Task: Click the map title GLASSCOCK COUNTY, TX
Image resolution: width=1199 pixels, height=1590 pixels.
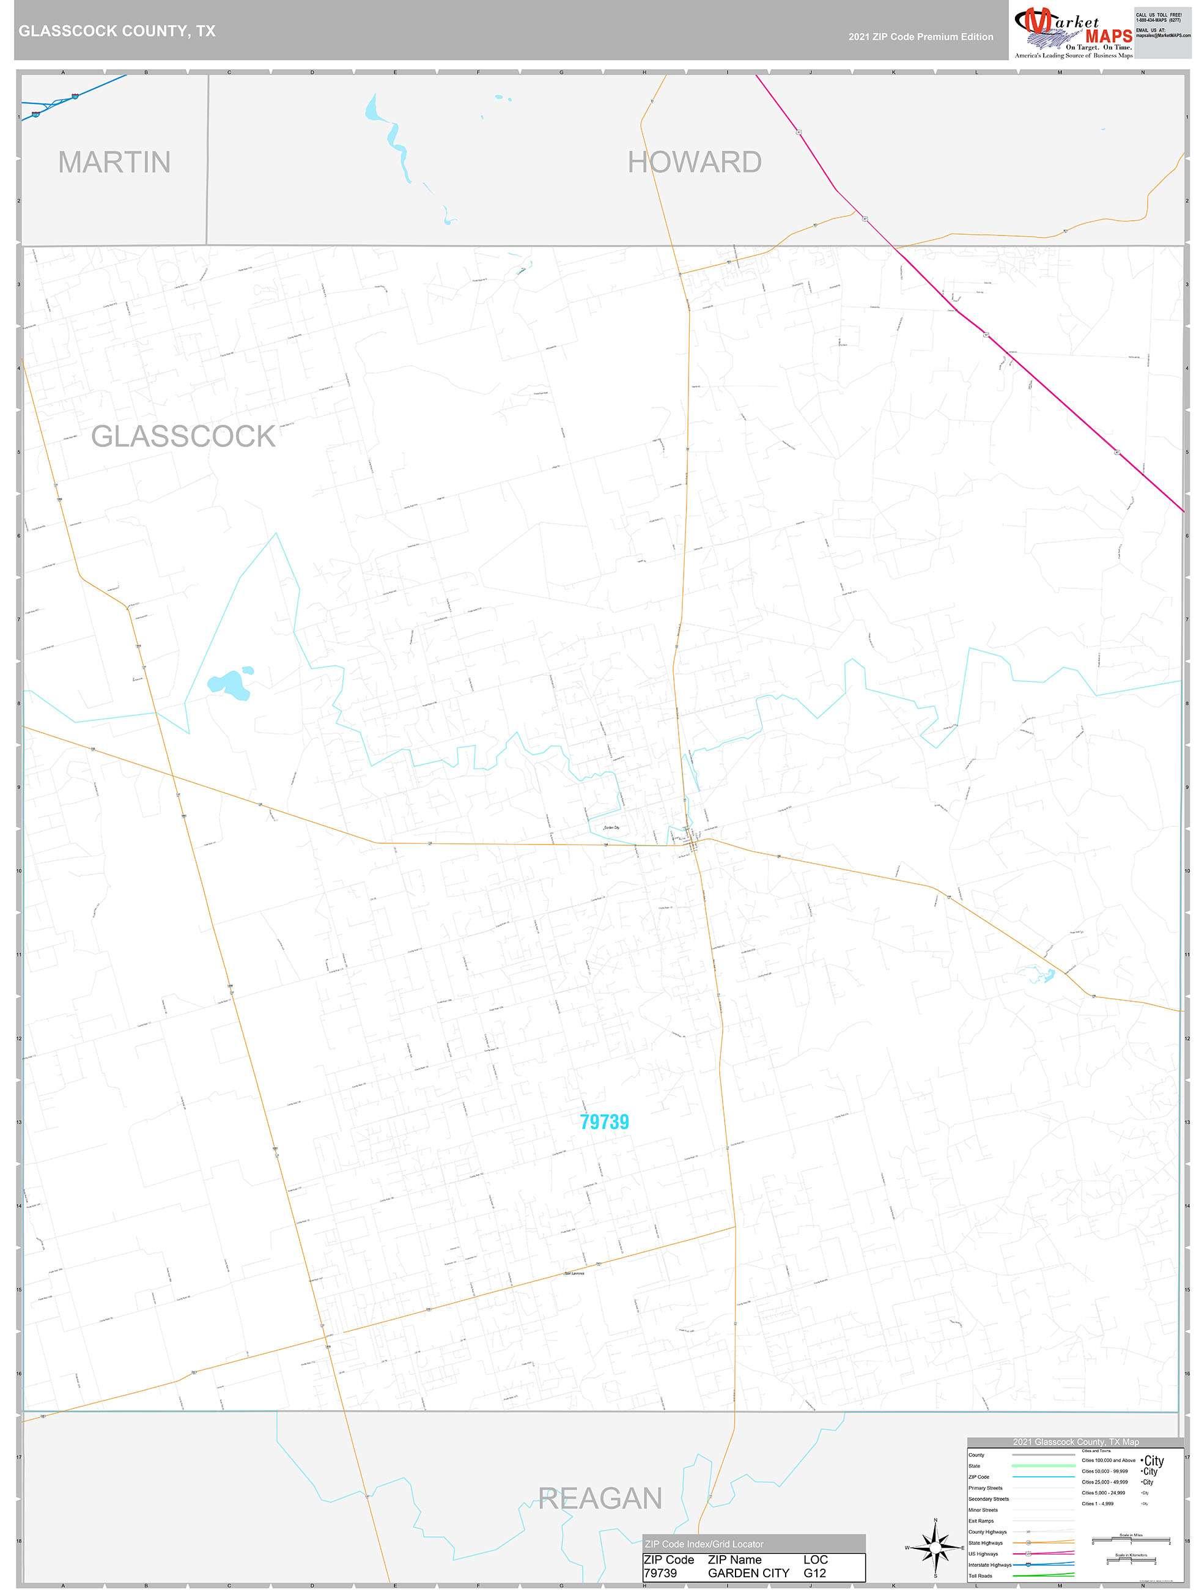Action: click(116, 31)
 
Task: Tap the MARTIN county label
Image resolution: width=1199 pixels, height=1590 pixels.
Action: click(114, 163)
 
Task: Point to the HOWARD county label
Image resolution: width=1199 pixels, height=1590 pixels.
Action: click(695, 163)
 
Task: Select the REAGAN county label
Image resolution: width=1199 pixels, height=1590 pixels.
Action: click(600, 1499)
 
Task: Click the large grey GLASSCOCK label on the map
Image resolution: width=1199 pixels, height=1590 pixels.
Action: click(183, 436)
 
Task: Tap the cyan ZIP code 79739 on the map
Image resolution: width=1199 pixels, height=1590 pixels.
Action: click(605, 1122)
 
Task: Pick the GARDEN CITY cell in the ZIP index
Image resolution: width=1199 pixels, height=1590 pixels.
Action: click(748, 1573)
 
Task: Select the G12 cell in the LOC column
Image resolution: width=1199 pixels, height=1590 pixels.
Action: click(815, 1573)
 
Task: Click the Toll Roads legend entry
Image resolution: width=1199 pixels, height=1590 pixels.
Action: click(981, 1575)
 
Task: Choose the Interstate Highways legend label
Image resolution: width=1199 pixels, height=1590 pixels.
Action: click(989, 1565)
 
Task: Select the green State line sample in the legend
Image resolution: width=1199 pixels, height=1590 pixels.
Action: click(1043, 1466)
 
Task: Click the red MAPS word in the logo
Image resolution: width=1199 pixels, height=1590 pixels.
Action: click(1109, 36)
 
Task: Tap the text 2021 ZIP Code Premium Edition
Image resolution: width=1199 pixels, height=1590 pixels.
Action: click(921, 37)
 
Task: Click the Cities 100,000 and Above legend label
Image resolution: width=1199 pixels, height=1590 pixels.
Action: click(1109, 1460)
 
